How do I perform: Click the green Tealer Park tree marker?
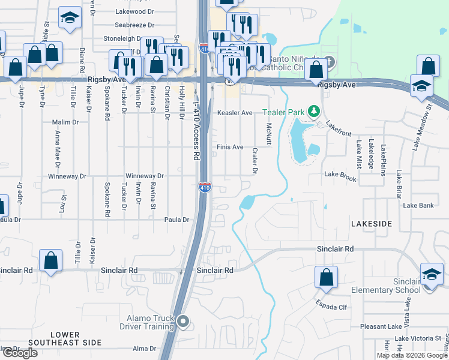313,112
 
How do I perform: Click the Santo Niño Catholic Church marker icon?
328,62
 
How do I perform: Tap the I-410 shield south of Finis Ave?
205,187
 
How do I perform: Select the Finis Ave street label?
230,147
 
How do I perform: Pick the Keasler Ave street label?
235,113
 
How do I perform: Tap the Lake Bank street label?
418,205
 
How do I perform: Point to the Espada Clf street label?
333,305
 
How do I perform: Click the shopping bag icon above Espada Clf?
325,277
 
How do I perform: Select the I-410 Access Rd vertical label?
196,131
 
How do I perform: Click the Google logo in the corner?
19,353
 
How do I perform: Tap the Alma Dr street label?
144,349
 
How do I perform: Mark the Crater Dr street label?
255,161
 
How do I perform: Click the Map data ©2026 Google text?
412,355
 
